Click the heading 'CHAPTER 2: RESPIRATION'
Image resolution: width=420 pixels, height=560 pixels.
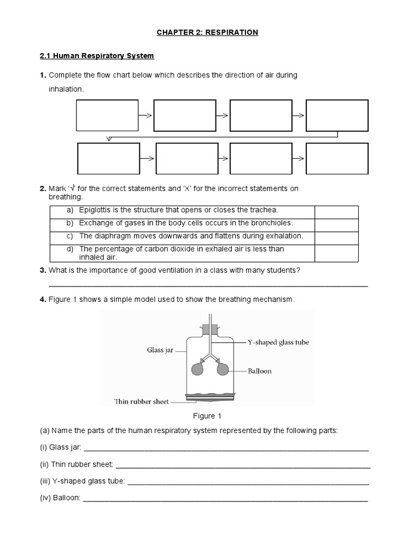[207, 33]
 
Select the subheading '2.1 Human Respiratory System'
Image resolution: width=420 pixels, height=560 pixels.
[97, 56]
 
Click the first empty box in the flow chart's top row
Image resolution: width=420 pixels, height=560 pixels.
[107, 115]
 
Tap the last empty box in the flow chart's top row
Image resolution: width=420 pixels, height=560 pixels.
[337, 115]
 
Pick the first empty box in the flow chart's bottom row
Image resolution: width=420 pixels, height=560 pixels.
[109, 158]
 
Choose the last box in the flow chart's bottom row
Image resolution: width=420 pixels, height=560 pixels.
[337, 158]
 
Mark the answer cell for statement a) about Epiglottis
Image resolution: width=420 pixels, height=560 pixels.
[336, 212]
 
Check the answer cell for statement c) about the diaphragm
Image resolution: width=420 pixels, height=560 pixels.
[336, 238]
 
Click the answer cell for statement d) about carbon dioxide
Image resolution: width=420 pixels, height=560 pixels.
[336, 253]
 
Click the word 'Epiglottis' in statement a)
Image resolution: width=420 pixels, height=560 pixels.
[96, 210]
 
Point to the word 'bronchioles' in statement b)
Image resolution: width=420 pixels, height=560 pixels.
[273, 223]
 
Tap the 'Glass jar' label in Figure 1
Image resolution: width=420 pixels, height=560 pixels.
[160, 349]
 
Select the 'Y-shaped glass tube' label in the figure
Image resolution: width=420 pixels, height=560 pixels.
[278, 342]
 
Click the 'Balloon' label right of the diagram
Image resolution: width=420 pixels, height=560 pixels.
[259, 371]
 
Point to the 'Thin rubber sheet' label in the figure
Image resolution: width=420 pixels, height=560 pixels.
[141, 402]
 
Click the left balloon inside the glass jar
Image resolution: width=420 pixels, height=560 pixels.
[197, 369]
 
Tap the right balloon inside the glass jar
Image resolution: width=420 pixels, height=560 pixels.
[223, 369]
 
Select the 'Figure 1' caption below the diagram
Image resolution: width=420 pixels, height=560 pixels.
[204, 416]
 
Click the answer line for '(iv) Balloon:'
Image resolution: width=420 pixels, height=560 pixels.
[225, 498]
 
